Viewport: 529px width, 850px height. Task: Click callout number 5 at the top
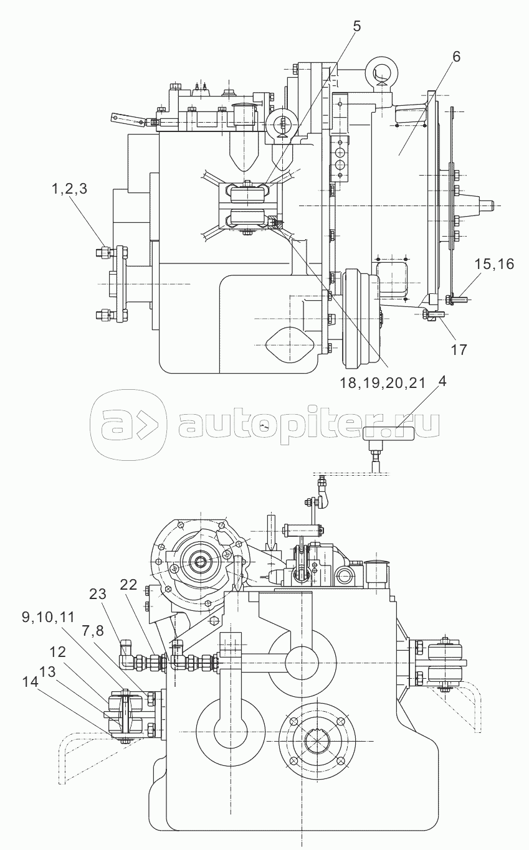point(356,26)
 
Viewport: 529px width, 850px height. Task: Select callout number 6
point(456,57)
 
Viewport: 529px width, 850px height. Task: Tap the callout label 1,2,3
point(70,189)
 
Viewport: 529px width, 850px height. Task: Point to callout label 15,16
point(494,264)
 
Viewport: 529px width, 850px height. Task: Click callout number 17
point(459,349)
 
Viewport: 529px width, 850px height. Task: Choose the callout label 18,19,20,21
point(382,383)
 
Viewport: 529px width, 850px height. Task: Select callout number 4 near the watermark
point(441,381)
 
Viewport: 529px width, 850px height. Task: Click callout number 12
point(57,652)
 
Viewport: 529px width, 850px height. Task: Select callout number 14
point(30,682)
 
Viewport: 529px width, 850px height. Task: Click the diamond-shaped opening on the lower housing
point(290,346)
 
